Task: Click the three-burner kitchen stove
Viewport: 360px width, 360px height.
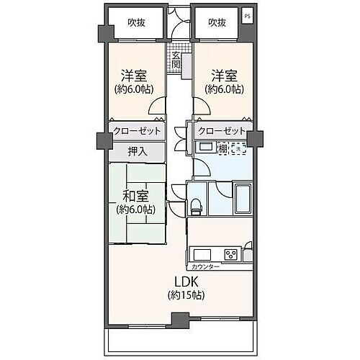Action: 231,254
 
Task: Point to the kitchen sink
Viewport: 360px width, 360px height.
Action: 201,254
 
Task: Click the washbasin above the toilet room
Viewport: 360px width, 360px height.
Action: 205,148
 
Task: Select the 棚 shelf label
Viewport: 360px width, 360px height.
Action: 222,148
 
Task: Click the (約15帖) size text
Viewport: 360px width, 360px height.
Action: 186,295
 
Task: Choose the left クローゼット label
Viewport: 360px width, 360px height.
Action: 135,131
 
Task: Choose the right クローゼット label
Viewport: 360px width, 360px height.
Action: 222,131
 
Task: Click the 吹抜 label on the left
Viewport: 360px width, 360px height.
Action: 135,22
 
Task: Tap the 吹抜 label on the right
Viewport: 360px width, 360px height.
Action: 217,22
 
